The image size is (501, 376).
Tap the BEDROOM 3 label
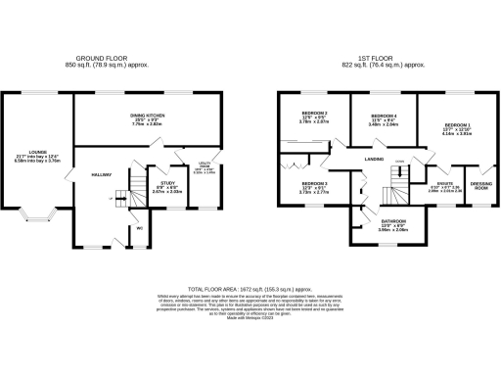(x=313, y=184)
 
